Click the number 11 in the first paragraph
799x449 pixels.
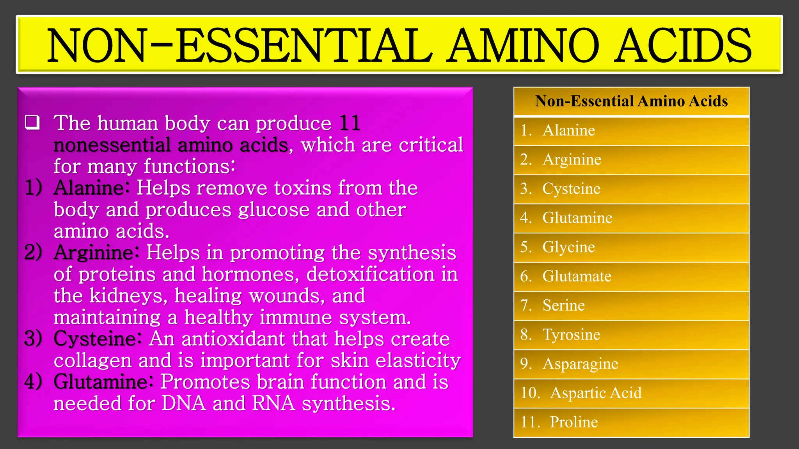point(350,123)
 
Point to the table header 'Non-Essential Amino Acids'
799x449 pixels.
point(631,101)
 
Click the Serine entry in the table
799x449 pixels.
point(563,306)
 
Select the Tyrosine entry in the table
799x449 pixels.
point(571,335)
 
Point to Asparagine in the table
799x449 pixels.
point(580,364)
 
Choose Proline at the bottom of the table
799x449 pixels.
point(574,422)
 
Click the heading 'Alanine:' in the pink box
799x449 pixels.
point(91,188)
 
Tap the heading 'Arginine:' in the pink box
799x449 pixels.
point(96,253)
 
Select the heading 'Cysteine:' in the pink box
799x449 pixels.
point(97,338)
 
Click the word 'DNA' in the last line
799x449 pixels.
point(183,403)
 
